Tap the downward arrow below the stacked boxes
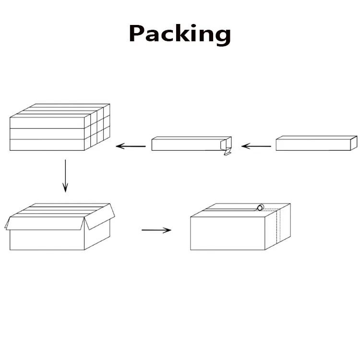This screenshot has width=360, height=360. (x=65, y=176)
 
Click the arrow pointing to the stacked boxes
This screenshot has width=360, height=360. (x=131, y=145)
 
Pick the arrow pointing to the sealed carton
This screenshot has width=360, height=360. (x=156, y=230)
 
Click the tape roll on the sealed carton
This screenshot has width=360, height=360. (x=260, y=207)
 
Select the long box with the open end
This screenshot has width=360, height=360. (x=187, y=144)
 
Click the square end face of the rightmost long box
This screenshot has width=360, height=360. (x=354, y=143)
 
